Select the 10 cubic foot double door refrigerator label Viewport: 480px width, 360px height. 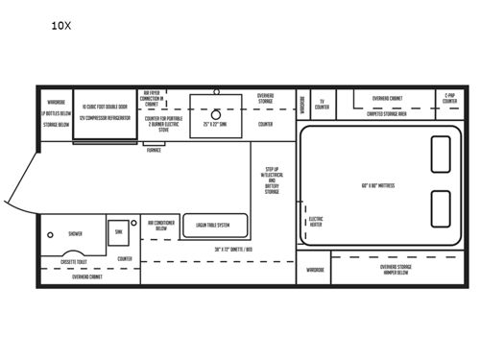[x=107, y=111]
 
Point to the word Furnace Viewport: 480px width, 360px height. [x=154, y=150]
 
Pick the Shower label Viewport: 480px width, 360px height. [x=75, y=233]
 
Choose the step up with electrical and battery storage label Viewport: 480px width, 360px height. [x=273, y=180]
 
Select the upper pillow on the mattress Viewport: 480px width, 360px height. [x=440, y=152]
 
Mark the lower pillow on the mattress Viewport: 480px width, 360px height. [x=440, y=208]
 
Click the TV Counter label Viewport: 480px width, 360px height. [x=323, y=104]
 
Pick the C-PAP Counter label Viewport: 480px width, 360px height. [x=449, y=99]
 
